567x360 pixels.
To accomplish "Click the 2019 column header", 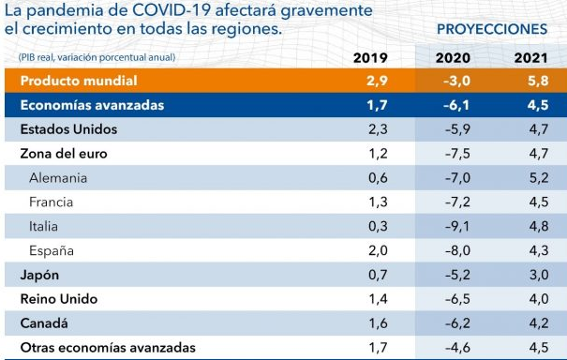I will (371, 58).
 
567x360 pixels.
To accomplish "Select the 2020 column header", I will (454, 58).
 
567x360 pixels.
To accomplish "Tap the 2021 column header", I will (531, 58).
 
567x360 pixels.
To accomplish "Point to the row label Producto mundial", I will (79, 82).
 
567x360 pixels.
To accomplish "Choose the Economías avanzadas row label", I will (92, 105).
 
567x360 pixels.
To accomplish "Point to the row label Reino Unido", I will (58, 299).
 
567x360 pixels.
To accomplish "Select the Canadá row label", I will (44, 323).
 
